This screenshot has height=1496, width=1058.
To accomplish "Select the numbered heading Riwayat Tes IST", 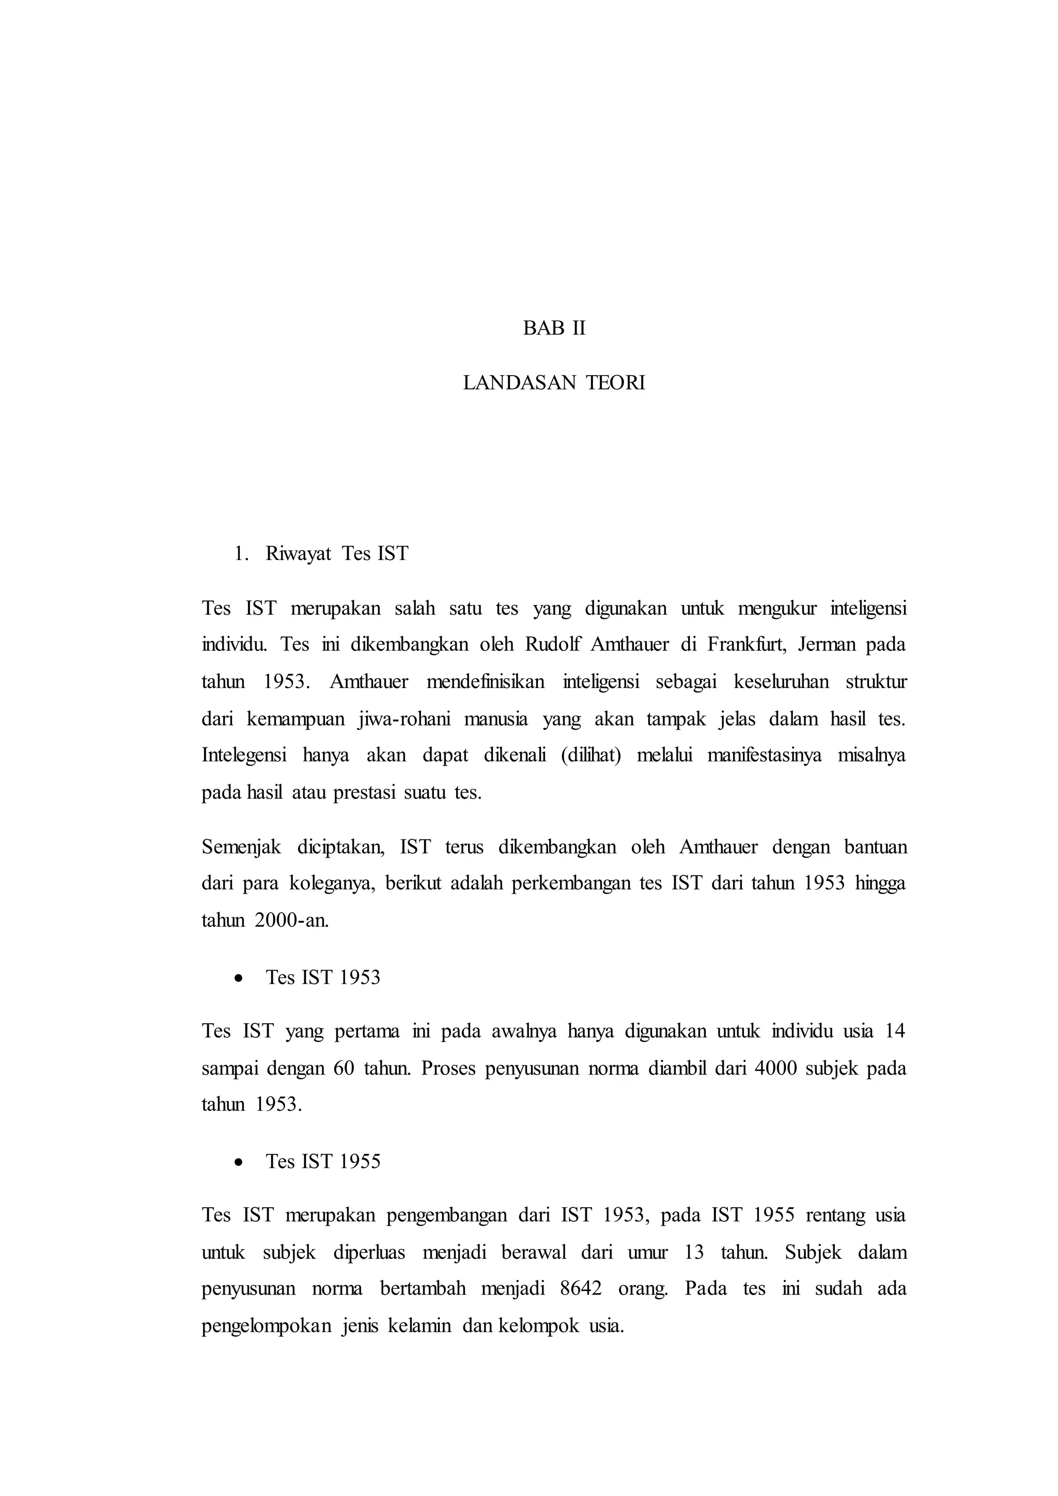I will [x=337, y=554].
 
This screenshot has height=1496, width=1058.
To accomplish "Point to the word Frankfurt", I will [x=748, y=644].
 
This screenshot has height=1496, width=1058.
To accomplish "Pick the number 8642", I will [x=581, y=1289].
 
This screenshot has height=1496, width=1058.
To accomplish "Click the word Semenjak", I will [x=241, y=848].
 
